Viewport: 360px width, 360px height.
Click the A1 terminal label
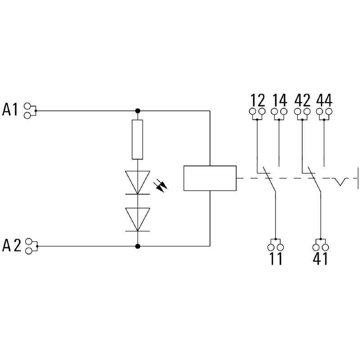point(10,109)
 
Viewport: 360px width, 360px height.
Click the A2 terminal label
point(12,246)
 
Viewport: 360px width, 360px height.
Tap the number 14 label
point(279,99)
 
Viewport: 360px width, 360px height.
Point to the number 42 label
point(302,99)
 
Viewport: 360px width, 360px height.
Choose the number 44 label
point(324,99)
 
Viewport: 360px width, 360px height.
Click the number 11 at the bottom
point(275,259)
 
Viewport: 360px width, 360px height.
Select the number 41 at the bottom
point(320,259)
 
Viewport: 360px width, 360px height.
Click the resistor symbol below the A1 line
point(137,139)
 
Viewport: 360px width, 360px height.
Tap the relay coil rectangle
point(210,178)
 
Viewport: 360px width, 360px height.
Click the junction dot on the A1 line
point(138,110)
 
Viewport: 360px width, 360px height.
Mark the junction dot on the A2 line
point(138,246)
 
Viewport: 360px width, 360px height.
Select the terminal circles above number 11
point(275,246)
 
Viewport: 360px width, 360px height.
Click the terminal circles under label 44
point(324,112)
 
